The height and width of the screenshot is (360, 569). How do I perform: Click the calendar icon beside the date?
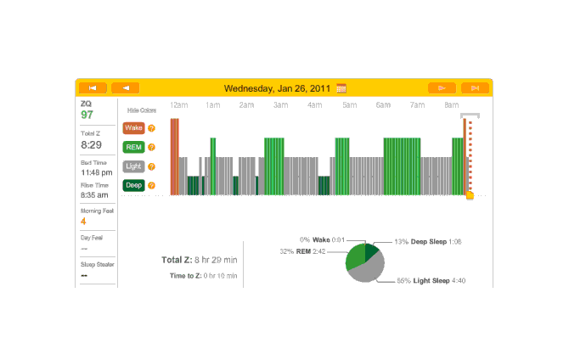(x=341, y=87)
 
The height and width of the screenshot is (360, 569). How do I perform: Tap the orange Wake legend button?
(x=133, y=128)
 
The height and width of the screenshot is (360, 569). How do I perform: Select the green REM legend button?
(x=133, y=147)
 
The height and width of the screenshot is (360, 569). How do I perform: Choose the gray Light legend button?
(x=133, y=166)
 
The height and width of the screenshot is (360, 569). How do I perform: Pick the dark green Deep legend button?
(x=133, y=185)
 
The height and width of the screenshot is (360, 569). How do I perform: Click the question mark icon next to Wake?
(x=151, y=128)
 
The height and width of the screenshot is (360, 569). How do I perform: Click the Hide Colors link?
(x=141, y=110)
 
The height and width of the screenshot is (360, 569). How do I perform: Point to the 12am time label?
(x=178, y=105)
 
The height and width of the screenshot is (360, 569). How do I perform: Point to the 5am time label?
(x=349, y=105)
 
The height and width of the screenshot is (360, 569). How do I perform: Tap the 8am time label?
(x=451, y=105)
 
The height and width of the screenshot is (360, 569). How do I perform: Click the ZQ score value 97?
(x=87, y=115)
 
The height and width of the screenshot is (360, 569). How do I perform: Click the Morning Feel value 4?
(x=83, y=221)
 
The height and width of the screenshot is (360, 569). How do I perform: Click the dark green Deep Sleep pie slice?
(x=372, y=252)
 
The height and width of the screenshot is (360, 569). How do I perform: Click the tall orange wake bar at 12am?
(x=174, y=156)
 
